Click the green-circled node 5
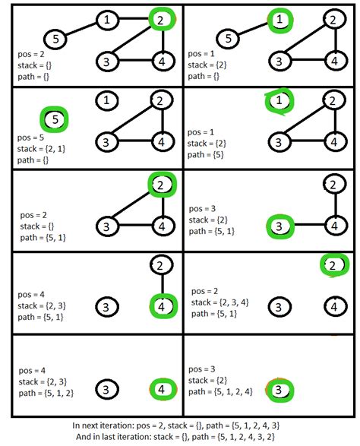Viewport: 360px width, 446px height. (x=54, y=119)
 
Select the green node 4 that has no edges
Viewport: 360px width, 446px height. (x=161, y=389)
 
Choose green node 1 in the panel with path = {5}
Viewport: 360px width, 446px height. (x=279, y=100)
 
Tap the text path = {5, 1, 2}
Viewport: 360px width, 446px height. (x=52, y=393)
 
